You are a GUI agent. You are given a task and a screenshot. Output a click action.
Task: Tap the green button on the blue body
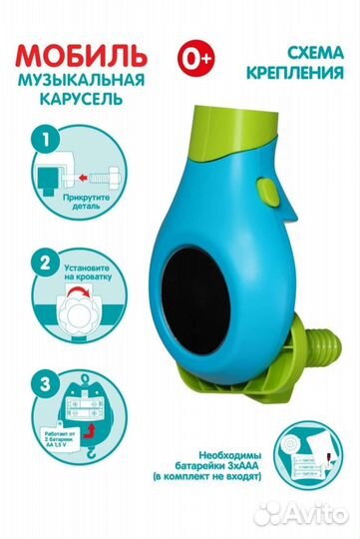(x=267, y=190)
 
